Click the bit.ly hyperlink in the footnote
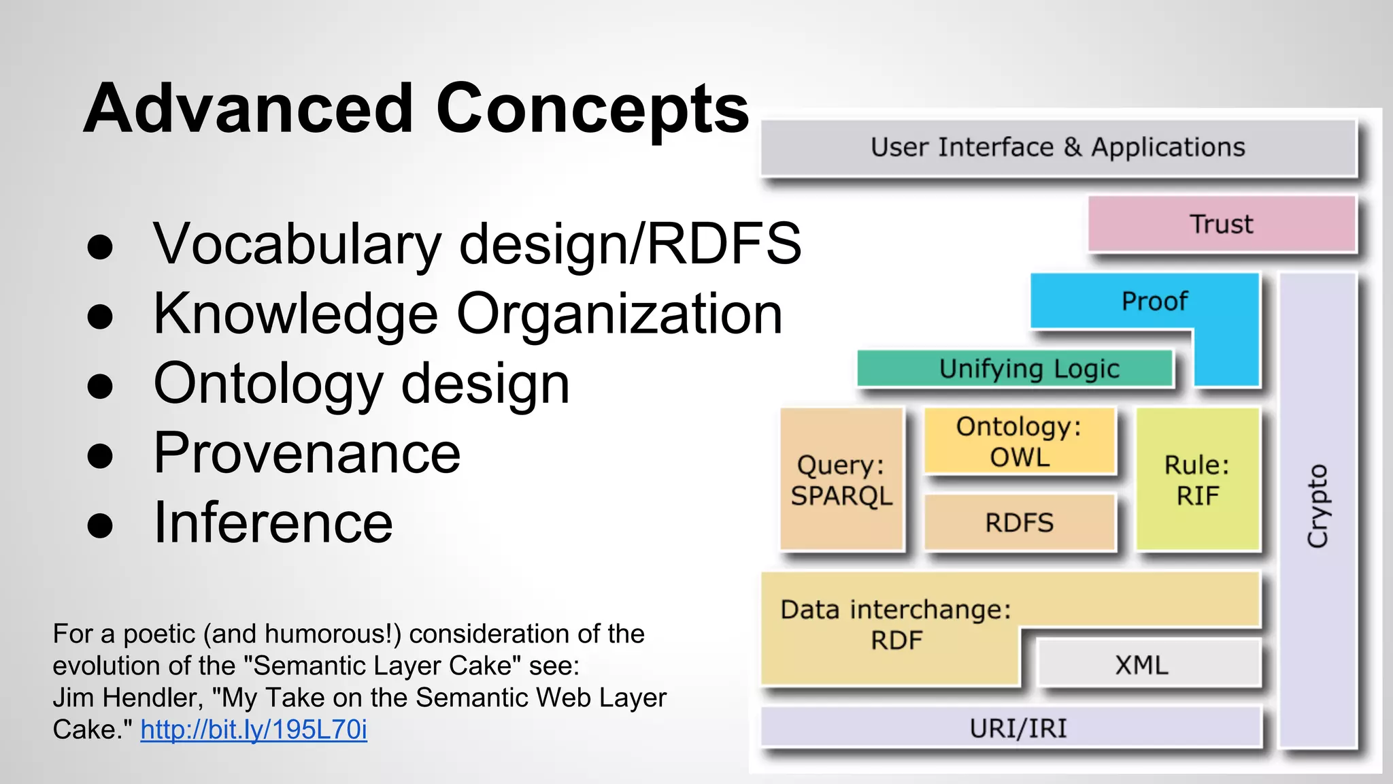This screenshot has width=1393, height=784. click(254, 730)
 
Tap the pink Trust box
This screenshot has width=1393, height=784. click(1222, 224)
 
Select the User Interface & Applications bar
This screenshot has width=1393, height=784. click(1058, 148)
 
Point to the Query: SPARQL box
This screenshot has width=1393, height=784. click(841, 480)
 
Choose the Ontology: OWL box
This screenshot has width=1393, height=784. click(1019, 442)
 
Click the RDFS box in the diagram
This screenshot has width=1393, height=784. click(1019, 523)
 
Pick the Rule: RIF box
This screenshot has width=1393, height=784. click(1197, 480)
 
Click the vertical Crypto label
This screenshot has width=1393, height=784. click(1318, 506)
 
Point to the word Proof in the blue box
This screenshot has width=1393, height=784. click(1154, 301)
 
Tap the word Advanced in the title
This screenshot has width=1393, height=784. click(248, 109)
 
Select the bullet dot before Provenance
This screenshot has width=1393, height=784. click(100, 455)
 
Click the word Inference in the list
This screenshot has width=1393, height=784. click(273, 523)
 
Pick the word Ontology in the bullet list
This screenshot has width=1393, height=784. click(268, 385)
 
